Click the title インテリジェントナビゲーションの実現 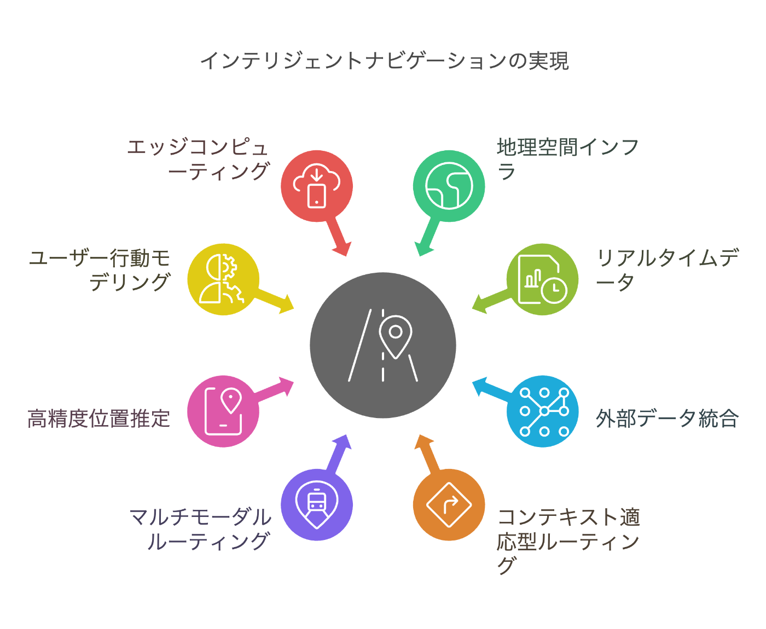(384, 61)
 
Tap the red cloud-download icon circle (317, 186)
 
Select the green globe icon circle (449, 186)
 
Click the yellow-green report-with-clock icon (542, 279)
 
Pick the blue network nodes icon (543, 411)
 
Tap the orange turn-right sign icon (449, 504)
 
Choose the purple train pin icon (317, 504)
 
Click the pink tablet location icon (223, 411)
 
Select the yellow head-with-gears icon (223, 279)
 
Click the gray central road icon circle (383, 345)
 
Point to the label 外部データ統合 (667, 419)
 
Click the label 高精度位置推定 (99, 419)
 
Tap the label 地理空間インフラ (567, 159)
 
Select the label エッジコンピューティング (198, 159)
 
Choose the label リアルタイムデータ (667, 269)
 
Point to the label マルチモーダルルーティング (201, 528)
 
